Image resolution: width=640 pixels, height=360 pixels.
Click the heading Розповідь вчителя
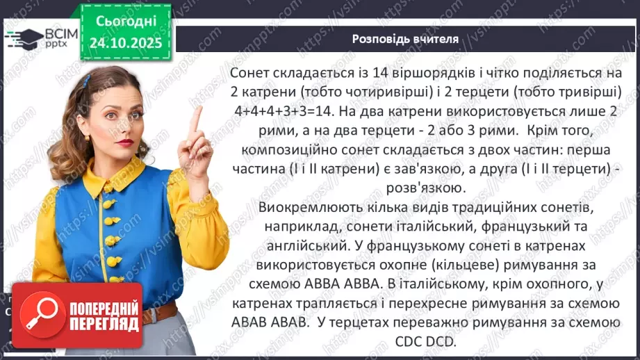[405, 39]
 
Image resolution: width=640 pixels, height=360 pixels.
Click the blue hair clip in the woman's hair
[87, 81]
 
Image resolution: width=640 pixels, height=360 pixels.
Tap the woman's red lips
[124, 142]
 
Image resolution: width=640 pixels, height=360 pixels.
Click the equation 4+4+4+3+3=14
[279, 110]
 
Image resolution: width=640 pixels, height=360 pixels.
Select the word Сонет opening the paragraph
[251, 73]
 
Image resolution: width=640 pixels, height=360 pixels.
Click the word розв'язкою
[423, 188]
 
